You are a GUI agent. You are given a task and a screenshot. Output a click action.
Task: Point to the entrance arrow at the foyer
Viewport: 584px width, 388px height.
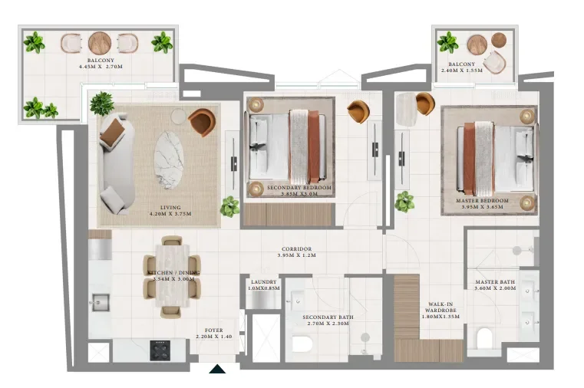pyautogui.click(x=218, y=370)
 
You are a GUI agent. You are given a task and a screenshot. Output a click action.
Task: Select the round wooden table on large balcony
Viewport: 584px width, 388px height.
pyautogui.click(x=100, y=43)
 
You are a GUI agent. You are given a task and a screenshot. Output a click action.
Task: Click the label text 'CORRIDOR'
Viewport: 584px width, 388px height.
pyautogui.click(x=295, y=249)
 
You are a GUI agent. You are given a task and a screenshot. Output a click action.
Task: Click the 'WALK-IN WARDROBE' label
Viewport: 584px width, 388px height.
pyautogui.click(x=440, y=310)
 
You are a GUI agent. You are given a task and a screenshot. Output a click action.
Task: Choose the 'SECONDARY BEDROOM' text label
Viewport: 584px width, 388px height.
pyautogui.click(x=299, y=188)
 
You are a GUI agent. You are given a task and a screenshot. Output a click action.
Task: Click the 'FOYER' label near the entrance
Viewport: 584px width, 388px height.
pyautogui.click(x=213, y=331)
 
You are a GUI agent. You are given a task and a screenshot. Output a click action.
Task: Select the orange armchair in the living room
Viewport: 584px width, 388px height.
pyautogui.click(x=202, y=121)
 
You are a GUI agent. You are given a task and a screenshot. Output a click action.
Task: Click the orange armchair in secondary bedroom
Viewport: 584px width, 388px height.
pyautogui.click(x=358, y=111)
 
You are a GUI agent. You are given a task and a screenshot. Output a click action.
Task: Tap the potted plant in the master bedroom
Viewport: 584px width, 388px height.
pyautogui.click(x=404, y=202)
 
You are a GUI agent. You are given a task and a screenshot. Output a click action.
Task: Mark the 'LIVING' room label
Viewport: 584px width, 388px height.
pyautogui.click(x=170, y=207)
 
